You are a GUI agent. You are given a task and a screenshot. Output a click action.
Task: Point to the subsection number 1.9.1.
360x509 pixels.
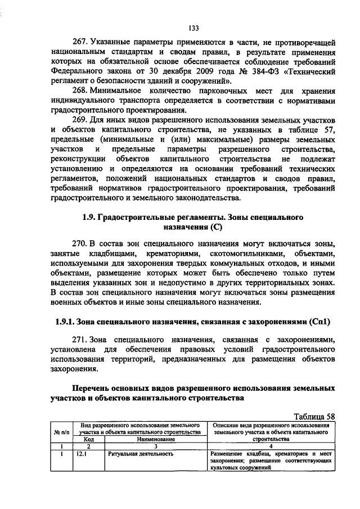click(64, 322)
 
